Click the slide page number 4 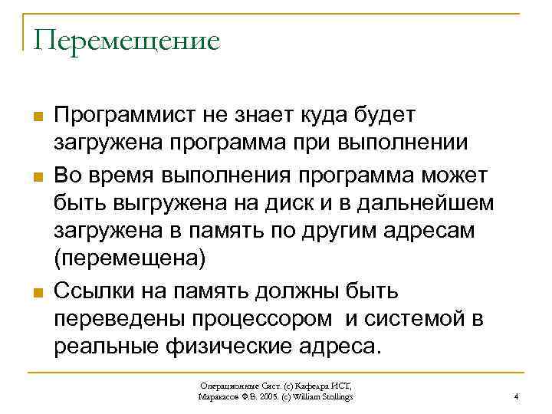516,396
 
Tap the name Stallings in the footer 335,396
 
